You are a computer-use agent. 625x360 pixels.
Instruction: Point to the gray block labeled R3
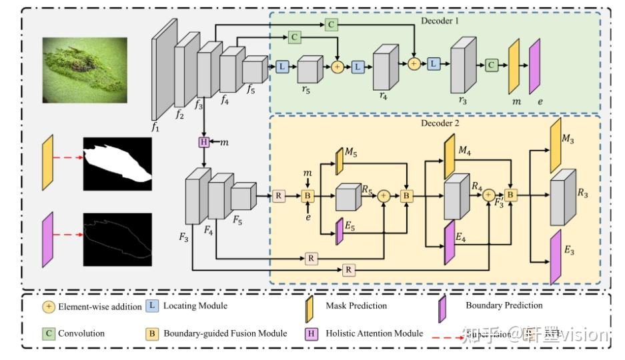(562, 198)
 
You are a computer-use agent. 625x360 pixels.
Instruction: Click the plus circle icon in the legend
(48, 307)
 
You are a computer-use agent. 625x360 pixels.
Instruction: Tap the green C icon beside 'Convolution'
(48, 332)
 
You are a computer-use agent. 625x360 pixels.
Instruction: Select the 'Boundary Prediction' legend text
(504, 306)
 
